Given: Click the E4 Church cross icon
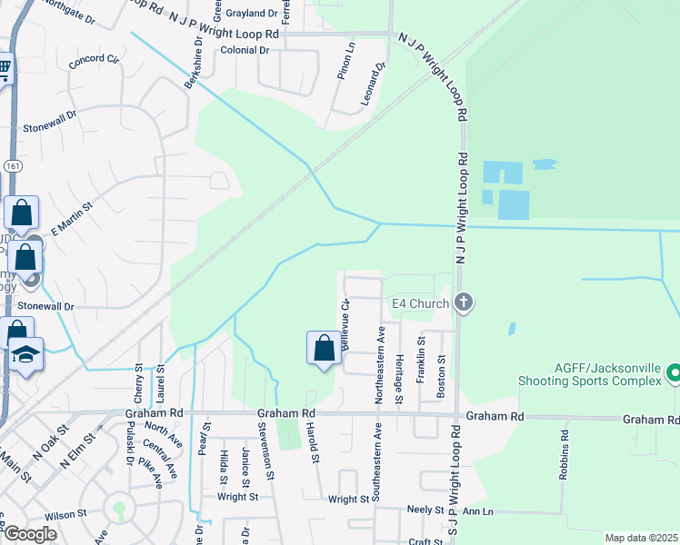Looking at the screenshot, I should point(464,302).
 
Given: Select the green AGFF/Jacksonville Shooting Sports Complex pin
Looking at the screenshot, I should point(674,373).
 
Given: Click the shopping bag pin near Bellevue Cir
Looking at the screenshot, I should point(325,349).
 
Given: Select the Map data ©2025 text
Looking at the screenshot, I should point(641,538).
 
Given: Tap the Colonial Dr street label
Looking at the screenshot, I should point(245,50).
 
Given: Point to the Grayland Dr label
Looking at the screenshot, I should point(252,14).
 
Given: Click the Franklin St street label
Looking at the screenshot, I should point(421,359).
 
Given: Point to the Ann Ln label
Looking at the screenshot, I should point(477,512).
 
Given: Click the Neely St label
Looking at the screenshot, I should point(425,510).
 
